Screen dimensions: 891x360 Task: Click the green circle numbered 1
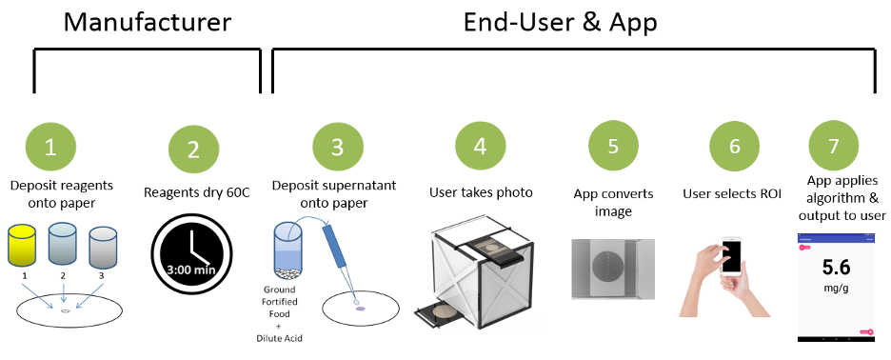coord(50,148)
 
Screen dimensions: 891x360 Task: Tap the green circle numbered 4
coord(480,148)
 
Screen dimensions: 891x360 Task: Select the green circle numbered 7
coord(833,146)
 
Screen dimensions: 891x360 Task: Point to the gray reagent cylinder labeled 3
coord(103,249)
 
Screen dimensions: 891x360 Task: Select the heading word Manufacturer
coord(148,23)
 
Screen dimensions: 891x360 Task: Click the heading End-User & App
coord(561,23)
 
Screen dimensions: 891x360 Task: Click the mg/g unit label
coord(837,288)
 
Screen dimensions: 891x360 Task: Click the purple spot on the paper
coord(360,309)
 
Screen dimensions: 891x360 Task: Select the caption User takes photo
coord(481,192)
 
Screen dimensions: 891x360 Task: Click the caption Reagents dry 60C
coord(193,192)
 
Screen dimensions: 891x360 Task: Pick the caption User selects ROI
coord(732,193)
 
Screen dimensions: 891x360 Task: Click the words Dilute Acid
coord(280,338)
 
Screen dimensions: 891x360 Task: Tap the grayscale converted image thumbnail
coord(613,269)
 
